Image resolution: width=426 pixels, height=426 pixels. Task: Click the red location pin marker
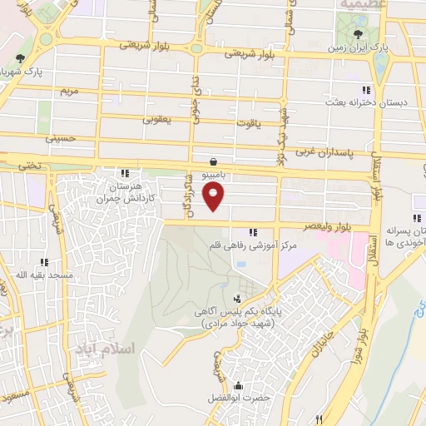point(215,197)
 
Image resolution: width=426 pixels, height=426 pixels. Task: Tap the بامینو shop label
point(215,176)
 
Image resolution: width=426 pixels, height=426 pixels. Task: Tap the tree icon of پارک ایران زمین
point(357,34)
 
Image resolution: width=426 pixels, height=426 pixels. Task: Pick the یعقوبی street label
point(157,120)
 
